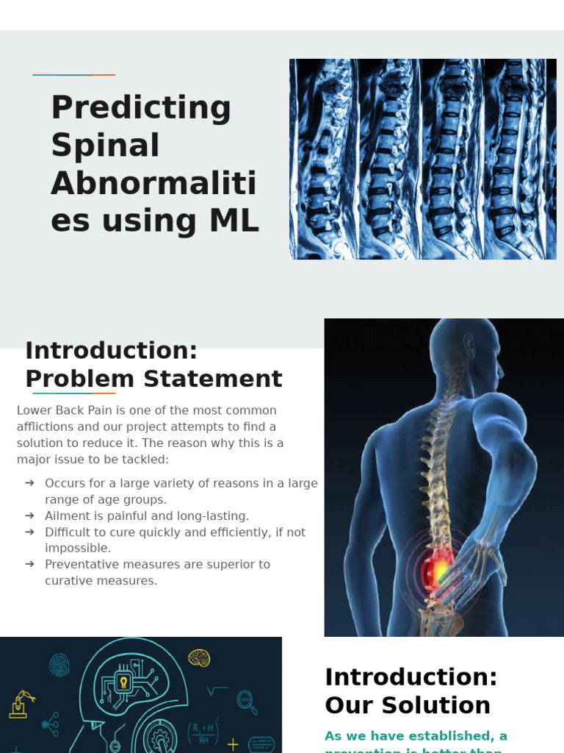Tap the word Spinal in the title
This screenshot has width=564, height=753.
(x=105, y=146)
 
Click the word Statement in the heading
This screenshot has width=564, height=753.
(x=213, y=379)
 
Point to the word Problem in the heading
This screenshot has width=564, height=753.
(x=80, y=379)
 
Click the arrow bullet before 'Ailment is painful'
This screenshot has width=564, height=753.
(x=29, y=515)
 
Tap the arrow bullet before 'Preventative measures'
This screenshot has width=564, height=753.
(x=29, y=564)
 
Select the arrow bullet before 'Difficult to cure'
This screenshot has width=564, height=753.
(x=29, y=532)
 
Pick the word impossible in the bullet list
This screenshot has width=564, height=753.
(x=77, y=548)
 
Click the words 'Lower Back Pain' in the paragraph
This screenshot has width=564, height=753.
(x=64, y=410)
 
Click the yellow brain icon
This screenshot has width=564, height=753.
(x=199, y=657)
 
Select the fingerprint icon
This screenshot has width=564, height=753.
(x=59, y=665)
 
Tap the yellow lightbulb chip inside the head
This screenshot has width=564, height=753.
(x=123, y=682)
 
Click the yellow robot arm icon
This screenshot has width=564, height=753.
(x=21, y=704)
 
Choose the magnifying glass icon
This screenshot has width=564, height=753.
(x=246, y=702)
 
